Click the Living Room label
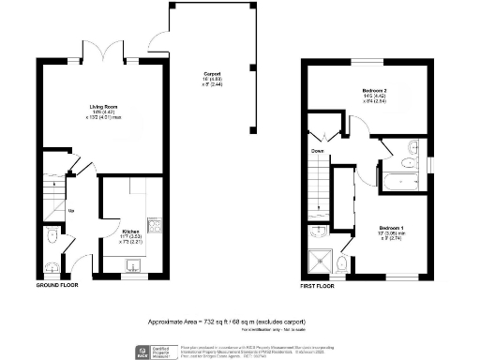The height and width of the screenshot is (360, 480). point(91,108)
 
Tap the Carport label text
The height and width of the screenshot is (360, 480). point(211,74)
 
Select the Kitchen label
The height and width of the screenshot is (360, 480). point(130,230)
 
